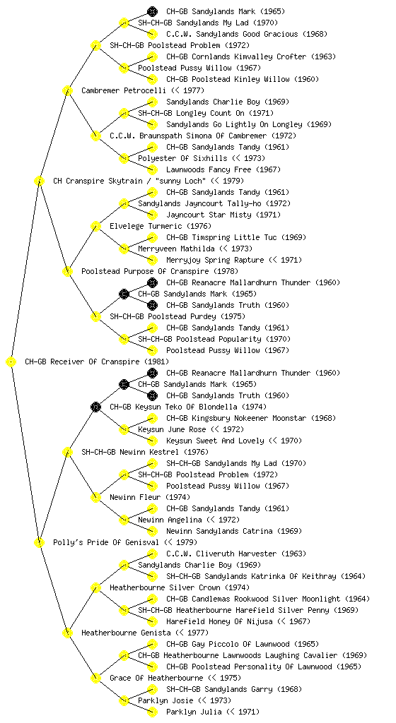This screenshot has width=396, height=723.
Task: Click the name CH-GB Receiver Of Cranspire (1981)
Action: [97, 362]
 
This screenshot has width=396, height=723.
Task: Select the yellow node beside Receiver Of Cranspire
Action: [11, 362]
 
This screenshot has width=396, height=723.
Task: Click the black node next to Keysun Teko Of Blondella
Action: [95, 407]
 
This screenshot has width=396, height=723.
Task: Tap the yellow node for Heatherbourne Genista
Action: [67, 633]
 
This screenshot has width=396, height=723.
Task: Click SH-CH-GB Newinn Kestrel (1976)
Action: [145, 453]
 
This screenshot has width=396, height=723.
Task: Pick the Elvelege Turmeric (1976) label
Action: [160, 227]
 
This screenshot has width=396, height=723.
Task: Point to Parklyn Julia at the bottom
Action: [213, 712]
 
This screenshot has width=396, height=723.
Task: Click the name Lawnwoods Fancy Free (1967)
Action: [223, 170]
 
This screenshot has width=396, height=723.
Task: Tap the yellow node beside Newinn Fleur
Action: [95, 498]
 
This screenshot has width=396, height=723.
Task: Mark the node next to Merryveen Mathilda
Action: [124, 249]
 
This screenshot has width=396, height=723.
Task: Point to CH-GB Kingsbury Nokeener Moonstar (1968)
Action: [251, 419]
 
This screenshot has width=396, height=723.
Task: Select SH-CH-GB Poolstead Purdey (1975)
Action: [177, 317]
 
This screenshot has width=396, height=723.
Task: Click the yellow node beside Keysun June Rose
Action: [124, 430]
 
